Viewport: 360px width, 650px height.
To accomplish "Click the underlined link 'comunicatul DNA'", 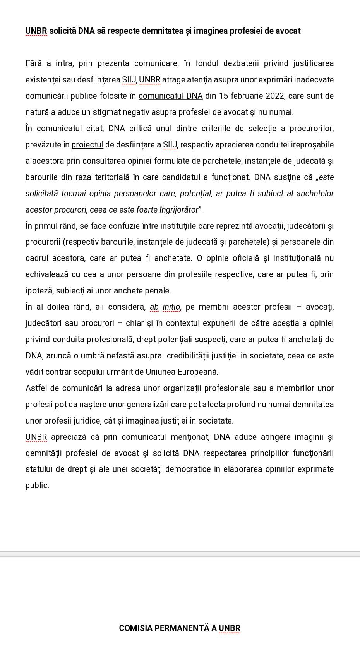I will [x=171, y=96].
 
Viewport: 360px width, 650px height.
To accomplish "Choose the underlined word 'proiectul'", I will [x=87, y=145].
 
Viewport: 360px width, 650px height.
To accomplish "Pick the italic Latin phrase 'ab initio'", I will [x=165, y=307].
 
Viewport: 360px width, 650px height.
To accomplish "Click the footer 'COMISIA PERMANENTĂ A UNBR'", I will [x=180, y=628].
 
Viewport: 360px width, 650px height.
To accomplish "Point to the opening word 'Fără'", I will [x=34, y=63].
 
